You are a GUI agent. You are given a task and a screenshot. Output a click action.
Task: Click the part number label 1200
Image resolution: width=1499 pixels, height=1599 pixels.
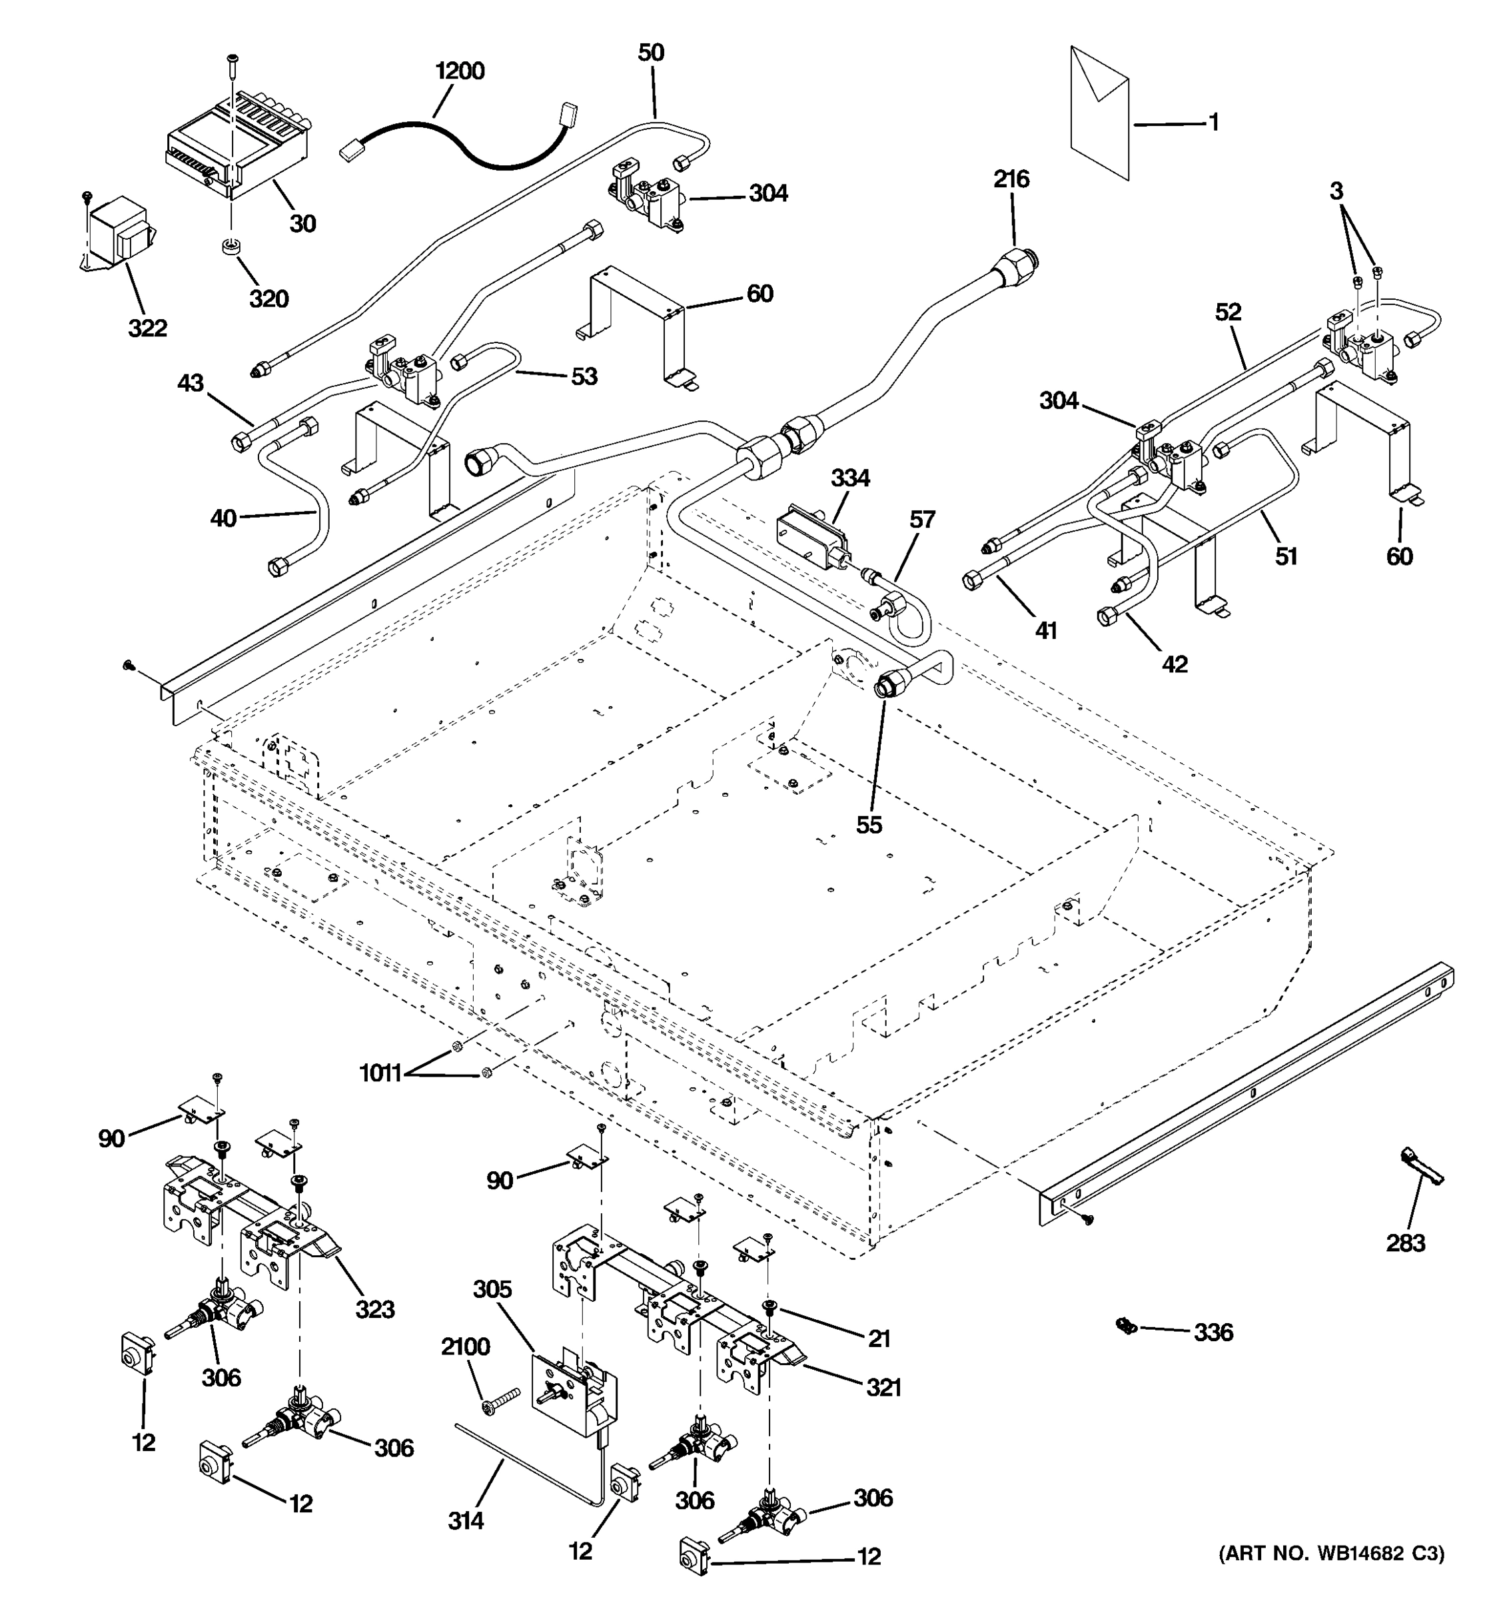click(x=459, y=71)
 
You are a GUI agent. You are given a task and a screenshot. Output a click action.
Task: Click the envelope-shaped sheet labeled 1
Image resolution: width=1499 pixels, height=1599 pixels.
click(x=1099, y=113)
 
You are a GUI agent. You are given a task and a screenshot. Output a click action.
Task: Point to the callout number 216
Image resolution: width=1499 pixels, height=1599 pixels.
click(x=1011, y=179)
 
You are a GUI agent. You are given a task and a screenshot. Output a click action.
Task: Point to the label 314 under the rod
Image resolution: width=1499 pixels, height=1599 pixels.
click(x=466, y=1520)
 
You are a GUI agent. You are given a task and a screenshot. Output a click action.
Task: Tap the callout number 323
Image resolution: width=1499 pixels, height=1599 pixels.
click(x=374, y=1309)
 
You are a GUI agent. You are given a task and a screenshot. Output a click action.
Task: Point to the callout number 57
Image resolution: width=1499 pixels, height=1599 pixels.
click(x=923, y=520)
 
